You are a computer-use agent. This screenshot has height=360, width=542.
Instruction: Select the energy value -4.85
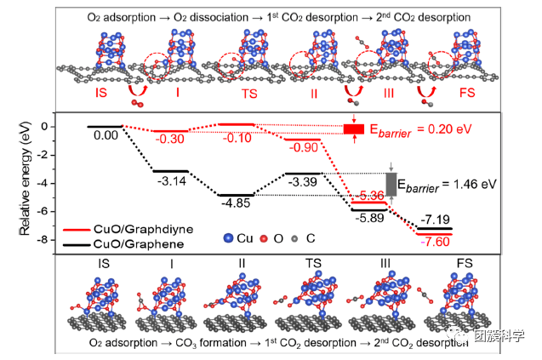tap(236, 203)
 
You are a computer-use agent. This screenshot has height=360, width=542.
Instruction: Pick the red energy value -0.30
tap(171, 140)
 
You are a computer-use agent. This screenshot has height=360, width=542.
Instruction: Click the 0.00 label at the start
tap(106, 134)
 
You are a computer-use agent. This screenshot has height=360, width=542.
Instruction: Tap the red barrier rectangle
tap(353, 129)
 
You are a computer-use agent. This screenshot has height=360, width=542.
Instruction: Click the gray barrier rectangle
tap(391, 184)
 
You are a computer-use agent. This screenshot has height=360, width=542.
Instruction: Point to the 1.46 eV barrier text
tap(450, 183)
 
